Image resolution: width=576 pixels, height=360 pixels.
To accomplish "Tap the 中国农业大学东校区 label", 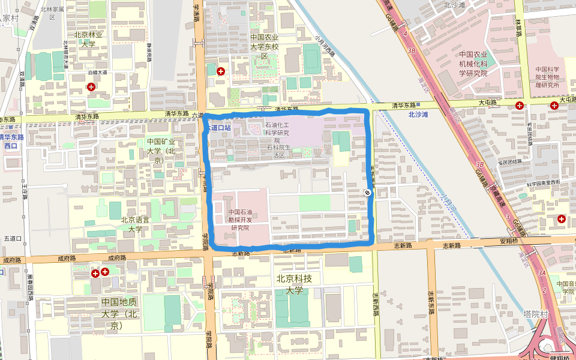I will (x=265, y=47).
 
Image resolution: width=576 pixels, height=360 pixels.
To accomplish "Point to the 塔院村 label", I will (x=535, y=314).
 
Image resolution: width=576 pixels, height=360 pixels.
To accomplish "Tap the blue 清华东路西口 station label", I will (x=11, y=141).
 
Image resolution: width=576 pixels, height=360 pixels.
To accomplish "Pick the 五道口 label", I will (x=12, y=239).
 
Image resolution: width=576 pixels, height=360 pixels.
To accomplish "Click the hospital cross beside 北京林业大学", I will (x=91, y=87).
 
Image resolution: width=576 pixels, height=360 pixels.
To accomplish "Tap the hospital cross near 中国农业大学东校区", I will (x=221, y=71).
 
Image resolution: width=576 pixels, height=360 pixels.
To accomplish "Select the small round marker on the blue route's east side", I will (x=366, y=192).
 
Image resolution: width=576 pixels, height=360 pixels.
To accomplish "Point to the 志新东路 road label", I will (x=431, y=300).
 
